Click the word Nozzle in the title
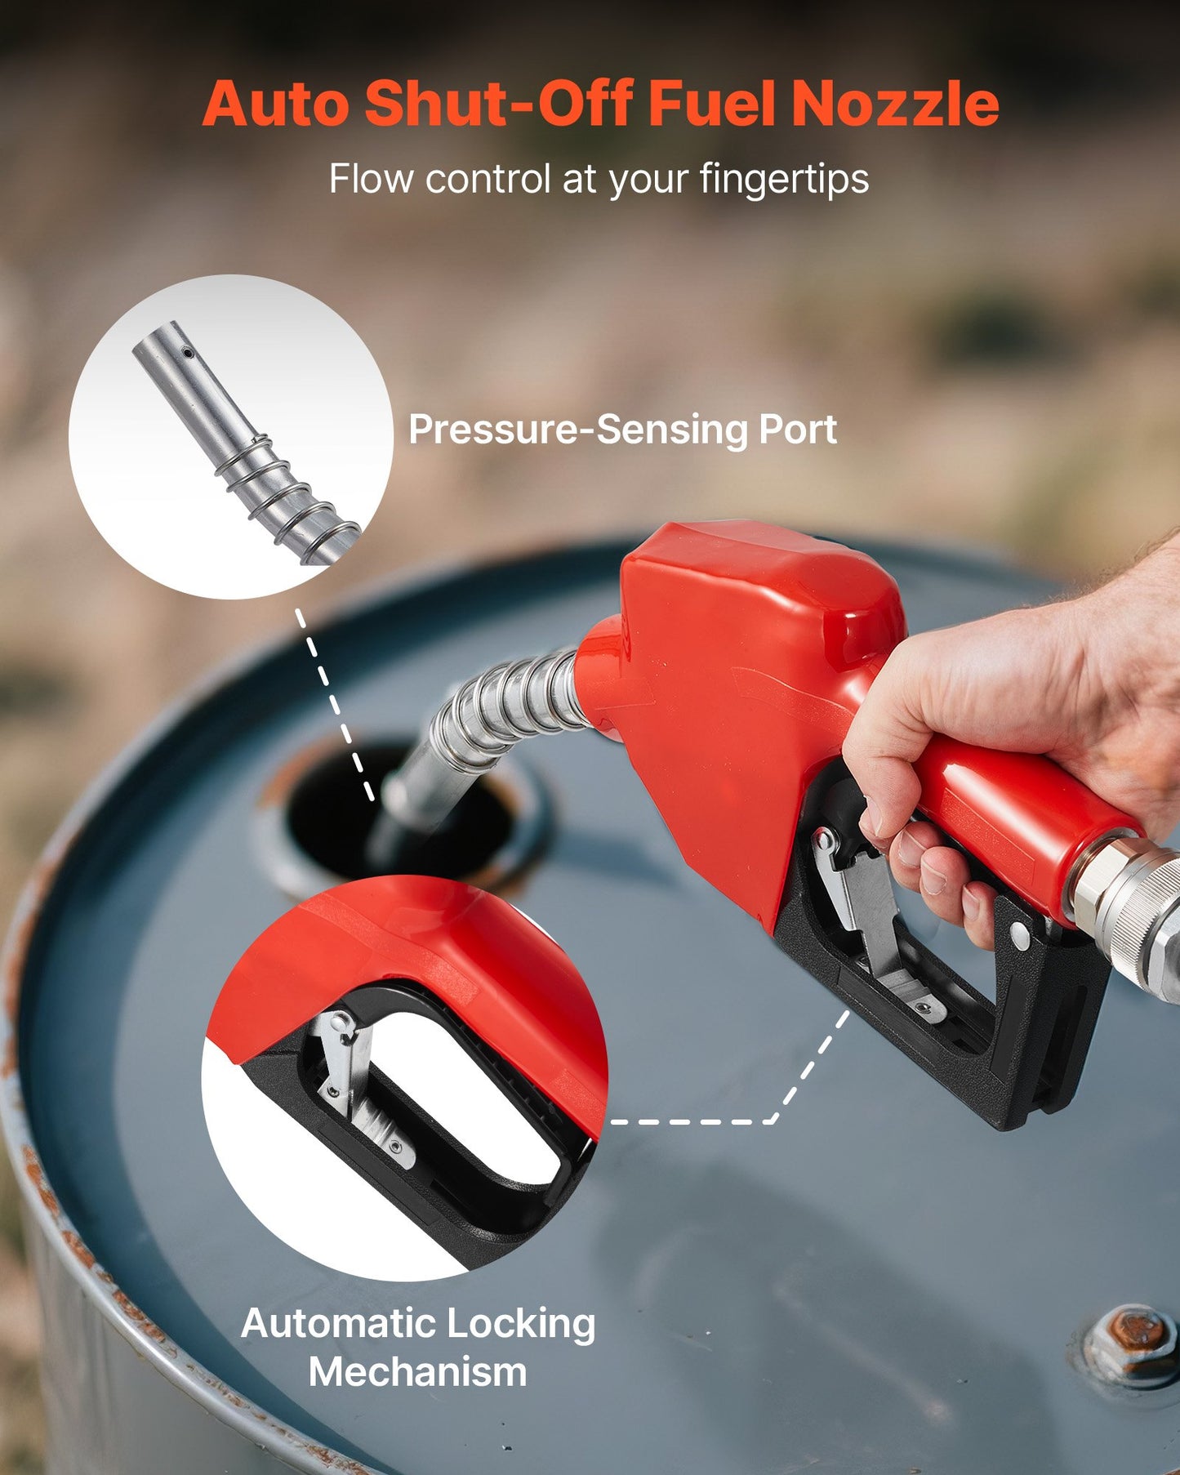point(895,105)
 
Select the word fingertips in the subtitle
point(784,179)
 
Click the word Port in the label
point(798,430)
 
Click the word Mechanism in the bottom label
point(417,1371)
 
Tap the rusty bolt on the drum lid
point(1132,1334)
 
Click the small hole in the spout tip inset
point(188,354)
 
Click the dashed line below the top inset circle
point(335,702)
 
